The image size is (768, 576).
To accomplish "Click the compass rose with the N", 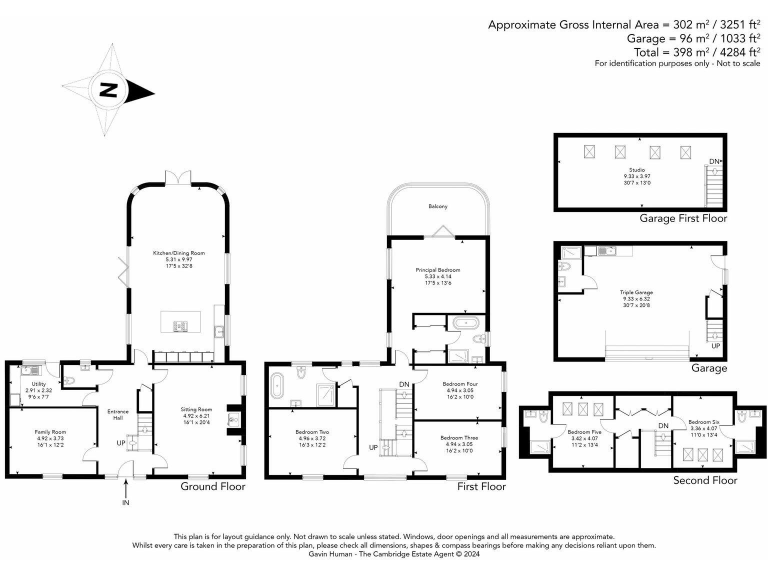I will pyautogui.click(x=108, y=92).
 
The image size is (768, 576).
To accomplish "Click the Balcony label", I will pyautogui.click(x=437, y=206).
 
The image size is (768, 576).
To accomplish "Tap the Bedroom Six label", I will pyautogui.click(x=703, y=424).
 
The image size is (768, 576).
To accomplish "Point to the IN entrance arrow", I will pyautogui.click(x=126, y=490).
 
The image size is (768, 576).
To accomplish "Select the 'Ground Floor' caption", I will pyautogui.click(x=212, y=487).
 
